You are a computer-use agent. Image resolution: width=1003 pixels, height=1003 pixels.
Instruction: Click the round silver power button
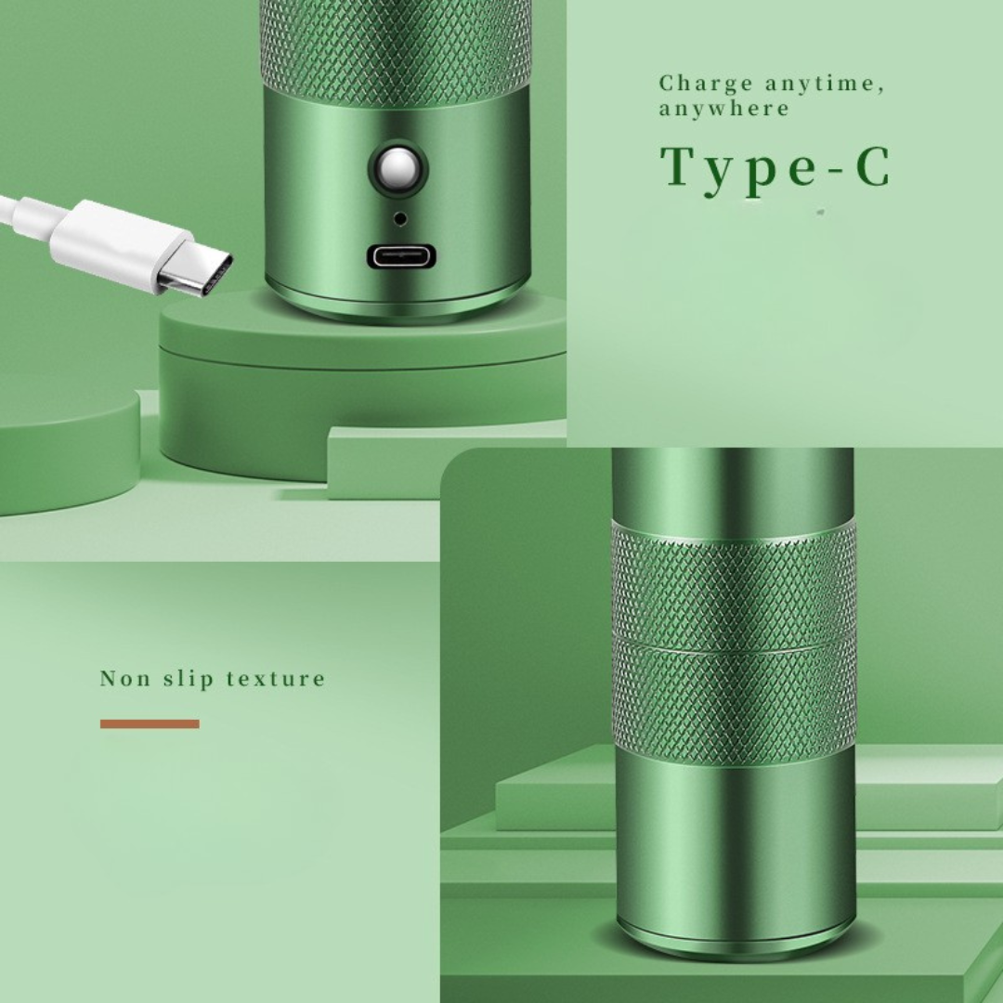(397, 170)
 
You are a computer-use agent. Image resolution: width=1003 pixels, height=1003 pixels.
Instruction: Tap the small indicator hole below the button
(400, 219)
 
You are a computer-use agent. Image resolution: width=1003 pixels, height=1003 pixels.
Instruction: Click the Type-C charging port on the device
(401, 256)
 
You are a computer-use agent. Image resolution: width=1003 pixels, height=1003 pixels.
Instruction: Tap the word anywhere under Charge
(724, 108)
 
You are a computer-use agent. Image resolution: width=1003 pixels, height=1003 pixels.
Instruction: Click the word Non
(125, 678)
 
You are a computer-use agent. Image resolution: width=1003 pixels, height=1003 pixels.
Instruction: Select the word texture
(276, 679)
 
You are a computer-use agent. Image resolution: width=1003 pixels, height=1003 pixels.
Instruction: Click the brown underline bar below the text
(150, 723)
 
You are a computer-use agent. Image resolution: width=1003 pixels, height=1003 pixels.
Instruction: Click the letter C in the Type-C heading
(872, 166)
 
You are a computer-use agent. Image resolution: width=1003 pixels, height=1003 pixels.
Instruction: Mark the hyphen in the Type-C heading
(836, 171)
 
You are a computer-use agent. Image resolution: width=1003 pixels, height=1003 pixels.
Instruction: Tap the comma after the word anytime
(880, 90)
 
